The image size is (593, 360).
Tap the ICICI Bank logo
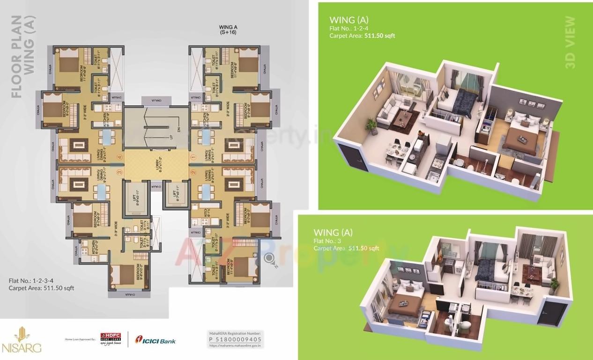[x=156, y=341]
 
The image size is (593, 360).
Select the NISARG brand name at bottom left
[x=22, y=348]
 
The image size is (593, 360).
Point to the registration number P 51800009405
[x=235, y=339]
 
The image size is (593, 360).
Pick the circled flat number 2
[x=193, y=172]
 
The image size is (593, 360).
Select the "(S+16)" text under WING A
[x=227, y=34]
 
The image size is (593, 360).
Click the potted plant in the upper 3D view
[x=371, y=125]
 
